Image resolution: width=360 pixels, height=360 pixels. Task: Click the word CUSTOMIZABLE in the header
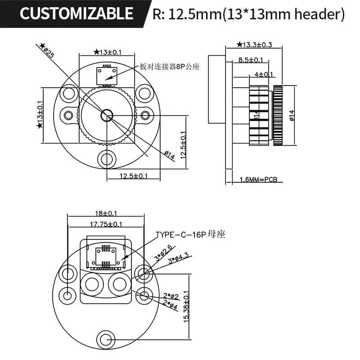point(76,13)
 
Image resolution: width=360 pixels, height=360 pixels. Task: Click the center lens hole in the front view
point(107,115)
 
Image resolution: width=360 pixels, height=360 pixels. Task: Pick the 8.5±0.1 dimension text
point(251,59)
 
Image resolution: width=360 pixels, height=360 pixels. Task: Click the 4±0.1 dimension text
point(264,74)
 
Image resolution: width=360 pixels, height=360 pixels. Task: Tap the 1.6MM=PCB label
point(258,180)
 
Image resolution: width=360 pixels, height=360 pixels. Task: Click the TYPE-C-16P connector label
point(190,234)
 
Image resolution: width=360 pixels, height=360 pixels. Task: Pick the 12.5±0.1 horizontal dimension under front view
point(133,176)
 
